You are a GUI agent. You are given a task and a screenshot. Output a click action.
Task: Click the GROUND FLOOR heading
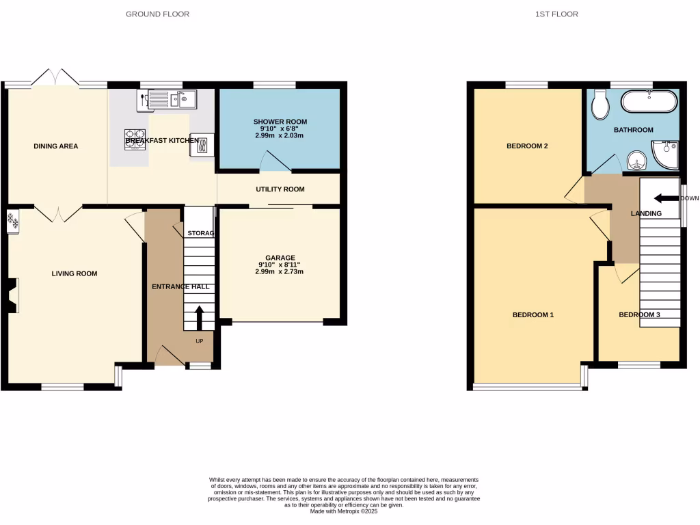tap(158, 14)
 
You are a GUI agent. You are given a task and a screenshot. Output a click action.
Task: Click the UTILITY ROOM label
tap(280, 189)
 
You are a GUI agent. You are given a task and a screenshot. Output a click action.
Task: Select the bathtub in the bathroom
tap(649, 103)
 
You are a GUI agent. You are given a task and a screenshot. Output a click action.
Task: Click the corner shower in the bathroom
tap(665, 154)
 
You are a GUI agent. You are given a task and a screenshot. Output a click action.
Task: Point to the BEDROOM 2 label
tap(527, 146)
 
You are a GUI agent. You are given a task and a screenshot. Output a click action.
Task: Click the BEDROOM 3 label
tap(639, 315)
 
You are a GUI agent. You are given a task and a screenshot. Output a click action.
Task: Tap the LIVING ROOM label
tap(75, 274)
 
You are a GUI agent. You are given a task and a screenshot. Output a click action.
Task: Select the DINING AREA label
tap(56, 146)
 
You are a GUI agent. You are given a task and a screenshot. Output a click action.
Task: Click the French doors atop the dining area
tap(57, 77)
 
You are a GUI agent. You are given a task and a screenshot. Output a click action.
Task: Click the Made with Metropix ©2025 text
tap(344, 511)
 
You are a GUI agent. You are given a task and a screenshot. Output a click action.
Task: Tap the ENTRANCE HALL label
tap(180, 287)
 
